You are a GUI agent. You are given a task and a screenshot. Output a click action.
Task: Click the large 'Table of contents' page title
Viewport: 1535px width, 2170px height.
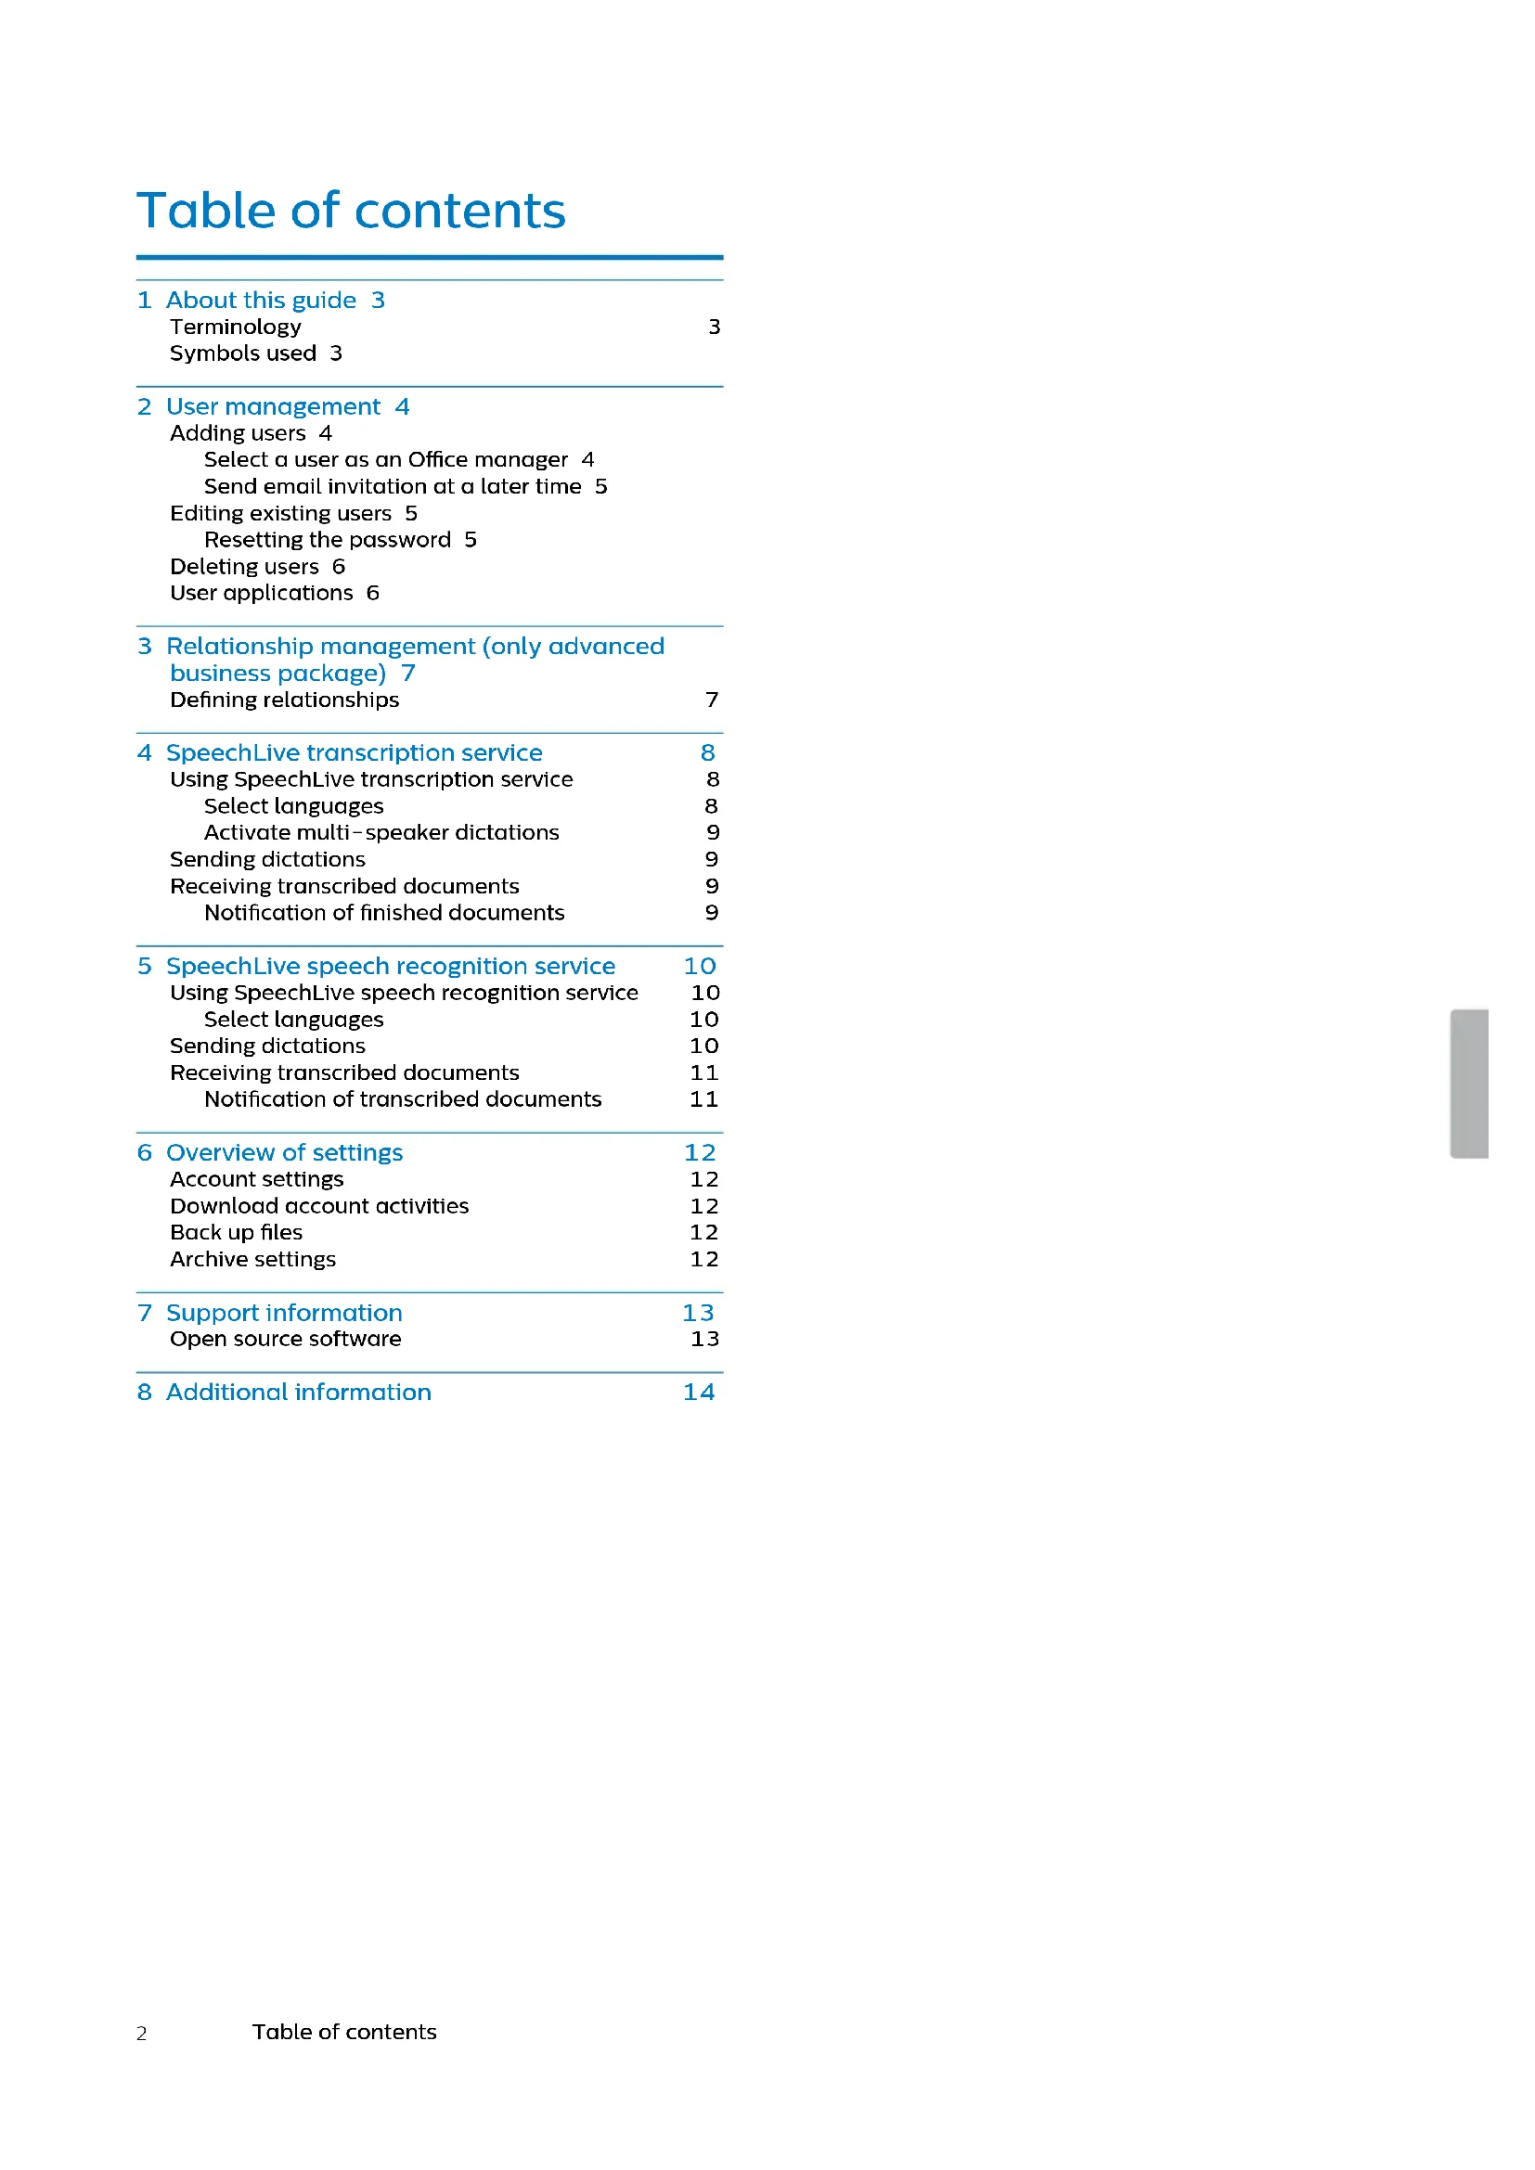point(351,211)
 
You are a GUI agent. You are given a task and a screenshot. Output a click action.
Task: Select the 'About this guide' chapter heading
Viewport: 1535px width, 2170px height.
point(261,301)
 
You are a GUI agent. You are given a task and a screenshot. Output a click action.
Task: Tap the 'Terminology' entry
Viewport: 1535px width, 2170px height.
point(236,327)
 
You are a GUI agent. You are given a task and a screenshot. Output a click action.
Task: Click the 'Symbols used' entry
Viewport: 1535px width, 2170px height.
point(243,353)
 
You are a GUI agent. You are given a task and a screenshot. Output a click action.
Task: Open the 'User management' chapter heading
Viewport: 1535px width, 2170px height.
point(273,407)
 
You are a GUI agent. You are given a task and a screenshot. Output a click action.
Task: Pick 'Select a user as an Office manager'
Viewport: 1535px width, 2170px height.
point(386,460)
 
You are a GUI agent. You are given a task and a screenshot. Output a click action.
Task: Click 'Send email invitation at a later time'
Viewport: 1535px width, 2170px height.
point(393,487)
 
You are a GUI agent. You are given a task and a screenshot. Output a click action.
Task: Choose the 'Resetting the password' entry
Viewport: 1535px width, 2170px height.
point(327,541)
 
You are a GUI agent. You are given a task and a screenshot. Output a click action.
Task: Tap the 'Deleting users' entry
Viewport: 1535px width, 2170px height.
point(244,567)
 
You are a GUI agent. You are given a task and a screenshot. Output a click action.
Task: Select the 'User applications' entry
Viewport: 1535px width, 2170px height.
point(261,594)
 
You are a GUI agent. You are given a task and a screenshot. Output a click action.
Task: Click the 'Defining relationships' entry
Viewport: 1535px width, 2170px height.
point(285,700)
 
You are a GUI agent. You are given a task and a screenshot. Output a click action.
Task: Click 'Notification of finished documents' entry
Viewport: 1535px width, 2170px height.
point(384,913)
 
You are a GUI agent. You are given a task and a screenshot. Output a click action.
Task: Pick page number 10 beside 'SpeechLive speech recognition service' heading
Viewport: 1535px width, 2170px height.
point(700,967)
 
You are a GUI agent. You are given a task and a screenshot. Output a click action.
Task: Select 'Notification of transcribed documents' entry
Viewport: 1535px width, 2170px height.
point(403,1100)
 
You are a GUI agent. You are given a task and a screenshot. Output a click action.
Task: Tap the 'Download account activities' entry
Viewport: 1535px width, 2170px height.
point(319,1207)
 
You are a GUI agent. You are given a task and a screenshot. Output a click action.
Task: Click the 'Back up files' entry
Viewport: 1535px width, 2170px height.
point(237,1233)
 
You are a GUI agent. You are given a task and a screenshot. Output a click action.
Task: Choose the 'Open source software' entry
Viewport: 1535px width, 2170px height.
point(286,1340)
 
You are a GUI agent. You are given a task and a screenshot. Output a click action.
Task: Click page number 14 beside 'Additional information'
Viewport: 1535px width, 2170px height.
point(699,1393)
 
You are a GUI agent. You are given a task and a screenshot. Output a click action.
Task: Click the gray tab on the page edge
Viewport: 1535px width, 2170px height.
point(1470,1084)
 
